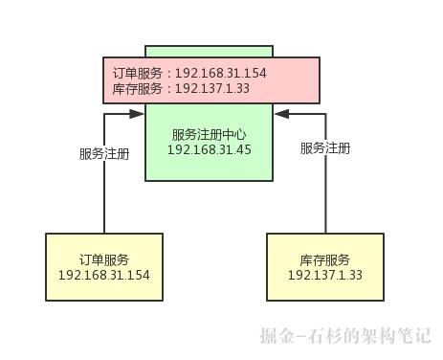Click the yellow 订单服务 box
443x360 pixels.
point(103,267)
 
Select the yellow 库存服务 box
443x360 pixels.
point(324,267)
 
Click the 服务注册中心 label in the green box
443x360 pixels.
point(209,134)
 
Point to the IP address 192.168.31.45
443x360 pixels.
point(209,149)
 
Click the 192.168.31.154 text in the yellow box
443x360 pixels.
point(103,275)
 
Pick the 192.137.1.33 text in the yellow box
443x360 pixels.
point(324,275)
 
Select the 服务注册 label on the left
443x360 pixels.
point(104,153)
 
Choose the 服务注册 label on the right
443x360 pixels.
point(325,148)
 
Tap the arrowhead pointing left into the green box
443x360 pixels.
point(281,113)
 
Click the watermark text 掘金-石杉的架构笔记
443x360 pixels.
point(345,336)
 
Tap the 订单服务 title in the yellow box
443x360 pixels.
point(103,259)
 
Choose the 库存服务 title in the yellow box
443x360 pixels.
point(324,259)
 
